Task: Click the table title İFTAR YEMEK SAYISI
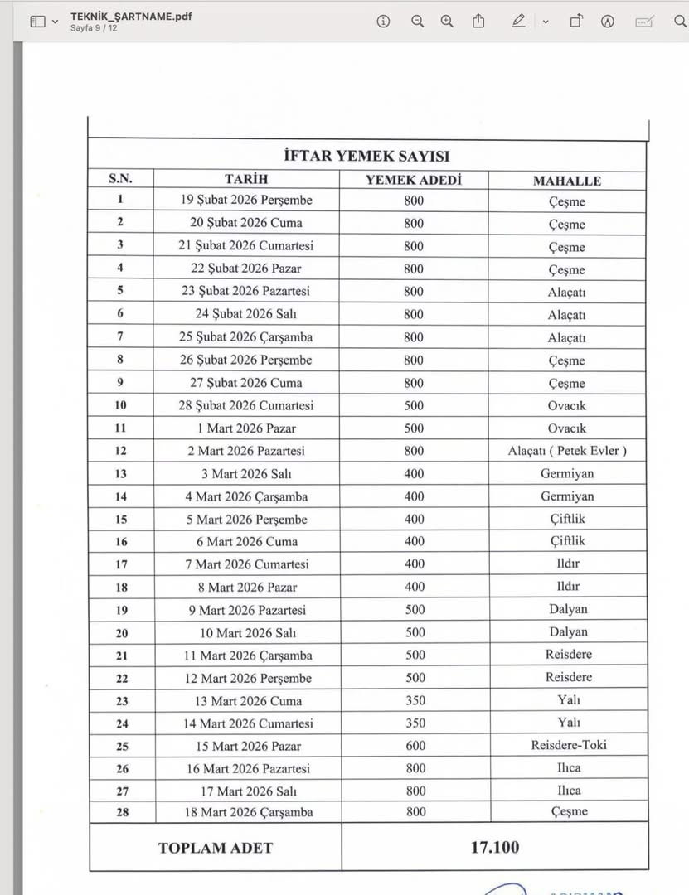point(366,156)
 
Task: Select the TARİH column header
point(246,179)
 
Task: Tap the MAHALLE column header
point(566,180)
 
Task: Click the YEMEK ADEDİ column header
point(414,179)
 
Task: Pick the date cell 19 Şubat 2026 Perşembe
point(246,201)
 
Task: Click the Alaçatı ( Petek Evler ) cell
point(566,451)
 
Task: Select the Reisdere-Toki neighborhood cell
point(568,745)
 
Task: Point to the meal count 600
point(415,745)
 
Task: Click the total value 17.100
point(495,847)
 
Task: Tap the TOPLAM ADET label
point(215,848)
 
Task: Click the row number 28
point(122,812)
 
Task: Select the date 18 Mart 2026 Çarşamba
point(248,812)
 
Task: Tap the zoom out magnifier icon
point(417,22)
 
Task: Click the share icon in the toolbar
point(478,22)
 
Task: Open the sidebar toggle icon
point(37,22)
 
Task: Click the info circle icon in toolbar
point(383,22)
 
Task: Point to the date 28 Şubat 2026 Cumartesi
point(246,405)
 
